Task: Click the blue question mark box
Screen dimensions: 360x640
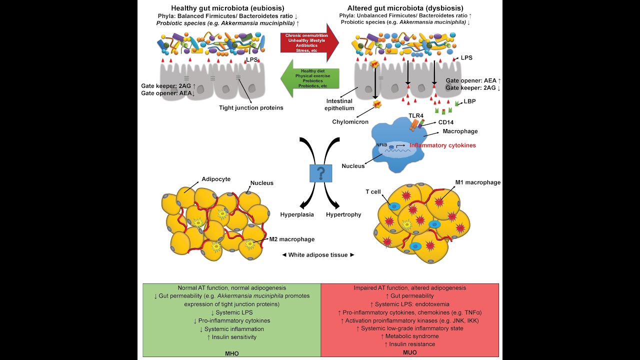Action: [320, 173]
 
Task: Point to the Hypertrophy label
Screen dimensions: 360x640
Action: [343, 214]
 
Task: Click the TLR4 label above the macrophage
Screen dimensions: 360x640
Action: [416, 115]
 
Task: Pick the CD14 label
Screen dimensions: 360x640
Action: [446, 121]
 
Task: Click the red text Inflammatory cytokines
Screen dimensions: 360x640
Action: [442, 145]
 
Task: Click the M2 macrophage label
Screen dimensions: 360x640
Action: [292, 239]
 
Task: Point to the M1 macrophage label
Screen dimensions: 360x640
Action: [477, 182]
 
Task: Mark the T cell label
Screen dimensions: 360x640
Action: [373, 192]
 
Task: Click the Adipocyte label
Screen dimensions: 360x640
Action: [215, 178]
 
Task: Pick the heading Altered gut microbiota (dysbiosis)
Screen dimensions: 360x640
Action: [405, 8]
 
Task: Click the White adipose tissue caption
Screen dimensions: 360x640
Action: [318, 255]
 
